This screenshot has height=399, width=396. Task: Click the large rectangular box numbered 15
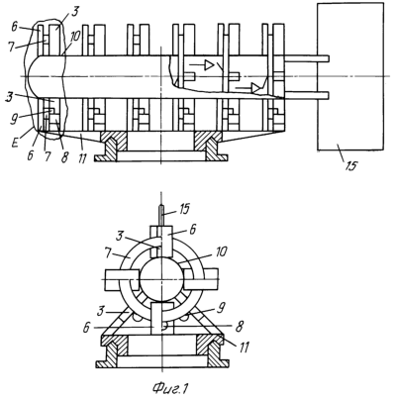[x=350, y=76]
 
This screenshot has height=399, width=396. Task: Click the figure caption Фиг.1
[x=170, y=388]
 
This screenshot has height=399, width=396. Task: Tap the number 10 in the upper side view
[x=74, y=37]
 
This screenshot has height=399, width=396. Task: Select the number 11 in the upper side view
[x=82, y=157]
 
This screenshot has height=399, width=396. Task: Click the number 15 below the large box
[x=351, y=166]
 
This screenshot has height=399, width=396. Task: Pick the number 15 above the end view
[x=184, y=209]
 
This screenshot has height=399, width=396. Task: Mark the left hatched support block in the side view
[x=113, y=140]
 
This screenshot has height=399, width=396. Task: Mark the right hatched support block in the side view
[x=209, y=140]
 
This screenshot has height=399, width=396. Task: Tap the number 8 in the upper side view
[x=64, y=157]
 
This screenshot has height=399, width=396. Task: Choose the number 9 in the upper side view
[x=13, y=118]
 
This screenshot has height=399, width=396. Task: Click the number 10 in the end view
[x=221, y=251]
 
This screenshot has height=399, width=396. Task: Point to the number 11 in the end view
[x=244, y=348]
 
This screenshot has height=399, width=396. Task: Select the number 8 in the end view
[x=240, y=327]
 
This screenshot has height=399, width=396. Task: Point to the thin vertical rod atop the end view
[x=160, y=216]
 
